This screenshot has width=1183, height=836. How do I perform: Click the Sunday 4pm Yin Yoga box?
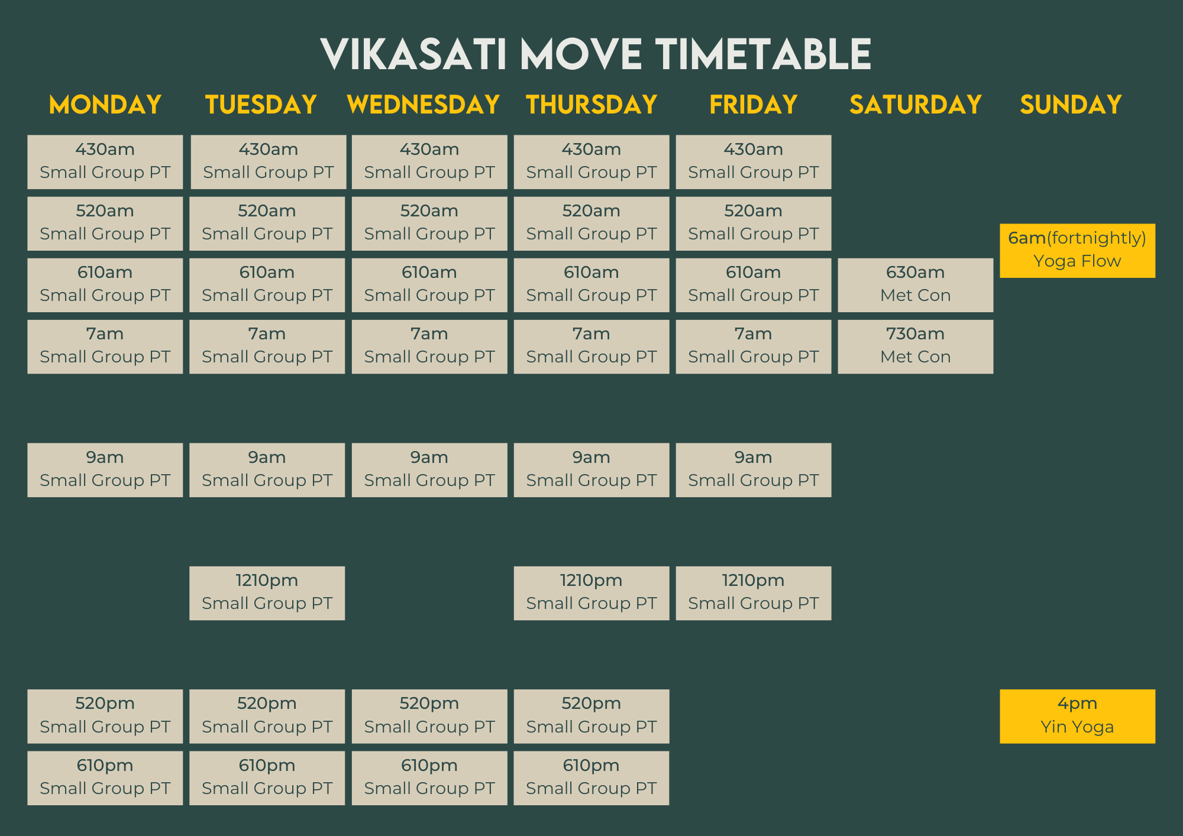pyautogui.click(x=1077, y=716)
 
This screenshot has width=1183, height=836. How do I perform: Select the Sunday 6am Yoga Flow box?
pyautogui.click(x=1077, y=251)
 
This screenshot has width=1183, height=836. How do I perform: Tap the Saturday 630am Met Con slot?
pyautogui.click(x=915, y=285)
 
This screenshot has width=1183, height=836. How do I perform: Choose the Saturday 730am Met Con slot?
pyautogui.click(x=915, y=346)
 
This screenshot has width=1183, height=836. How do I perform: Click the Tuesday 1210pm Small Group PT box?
pyautogui.click(x=267, y=593)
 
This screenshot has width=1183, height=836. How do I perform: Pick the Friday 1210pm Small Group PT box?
pyautogui.click(x=753, y=593)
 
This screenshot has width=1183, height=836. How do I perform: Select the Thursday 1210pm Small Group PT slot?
pyautogui.click(x=591, y=593)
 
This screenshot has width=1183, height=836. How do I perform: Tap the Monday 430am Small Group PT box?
pyautogui.click(x=105, y=162)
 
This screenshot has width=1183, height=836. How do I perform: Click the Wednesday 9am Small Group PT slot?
pyautogui.click(x=429, y=470)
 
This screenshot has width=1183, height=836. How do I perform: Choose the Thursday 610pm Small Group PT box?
pyautogui.click(x=591, y=778)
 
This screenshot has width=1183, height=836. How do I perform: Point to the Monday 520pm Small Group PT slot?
pyautogui.click(x=105, y=716)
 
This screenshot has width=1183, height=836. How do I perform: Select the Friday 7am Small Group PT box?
pyautogui.click(x=753, y=346)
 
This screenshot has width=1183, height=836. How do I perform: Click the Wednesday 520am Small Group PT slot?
pyautogui.click(x=429, y=223)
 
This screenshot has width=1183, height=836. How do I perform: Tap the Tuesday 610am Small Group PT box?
pyautogui.click(x=267, y=285)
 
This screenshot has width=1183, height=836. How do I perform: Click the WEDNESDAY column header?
pyautogui.click(x=424, y=105)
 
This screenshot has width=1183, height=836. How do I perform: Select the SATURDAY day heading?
pyautogui.click(x=916, y=105)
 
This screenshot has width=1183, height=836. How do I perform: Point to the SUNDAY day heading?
pyautogui.click(x=1071, y=105)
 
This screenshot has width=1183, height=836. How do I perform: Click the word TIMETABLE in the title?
pyautogui.click(x=764, y=54)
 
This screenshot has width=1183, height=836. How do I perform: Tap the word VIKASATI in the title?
pyautogui.click(x=413, y=54)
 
